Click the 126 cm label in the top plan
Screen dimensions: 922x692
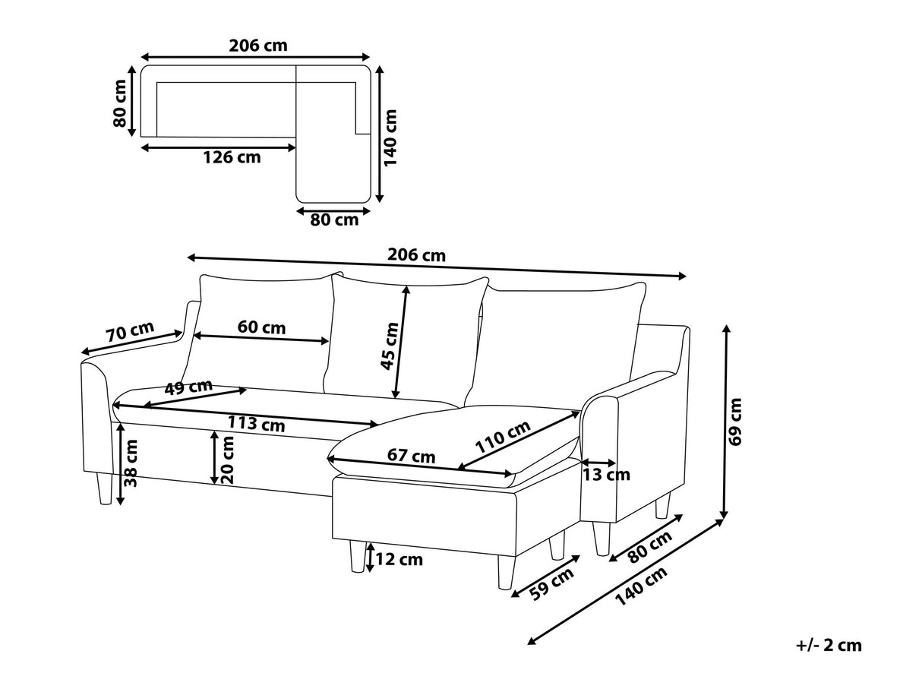pyautogui.click(x=232, y=157)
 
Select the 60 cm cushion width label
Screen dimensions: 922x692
pyautogui.click(x=261, y=327)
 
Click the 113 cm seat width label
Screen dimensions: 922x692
pyautogui.click(x=256, y=424)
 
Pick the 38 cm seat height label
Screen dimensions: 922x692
pyautogui.click(x=131, y=463)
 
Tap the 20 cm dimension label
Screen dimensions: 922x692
pyautogui.click(x=227, y=460)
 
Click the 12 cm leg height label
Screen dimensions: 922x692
pyautogui.click(x=399, y=559)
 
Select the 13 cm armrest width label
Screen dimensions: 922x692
pyautogui.click(x=606, y=475)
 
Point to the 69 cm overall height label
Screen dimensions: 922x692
pyautogui.click(x=735, y=422)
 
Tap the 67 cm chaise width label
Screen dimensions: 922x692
pyautogui.click(x=411, y=456)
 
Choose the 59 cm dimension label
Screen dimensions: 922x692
pyautogui.click(x=551, y=584)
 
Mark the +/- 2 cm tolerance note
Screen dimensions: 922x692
pyautogui.click(x=829, y=645)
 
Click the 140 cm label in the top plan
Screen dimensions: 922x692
pyautogui.click(x=390, y=137)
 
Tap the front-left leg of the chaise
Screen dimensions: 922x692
pyautogui.click(x=357, y=556)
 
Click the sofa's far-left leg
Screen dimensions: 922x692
pyautogui.click(x=104, y=488)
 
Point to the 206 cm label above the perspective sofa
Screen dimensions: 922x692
pyautogui.click(x=416, y=255)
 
